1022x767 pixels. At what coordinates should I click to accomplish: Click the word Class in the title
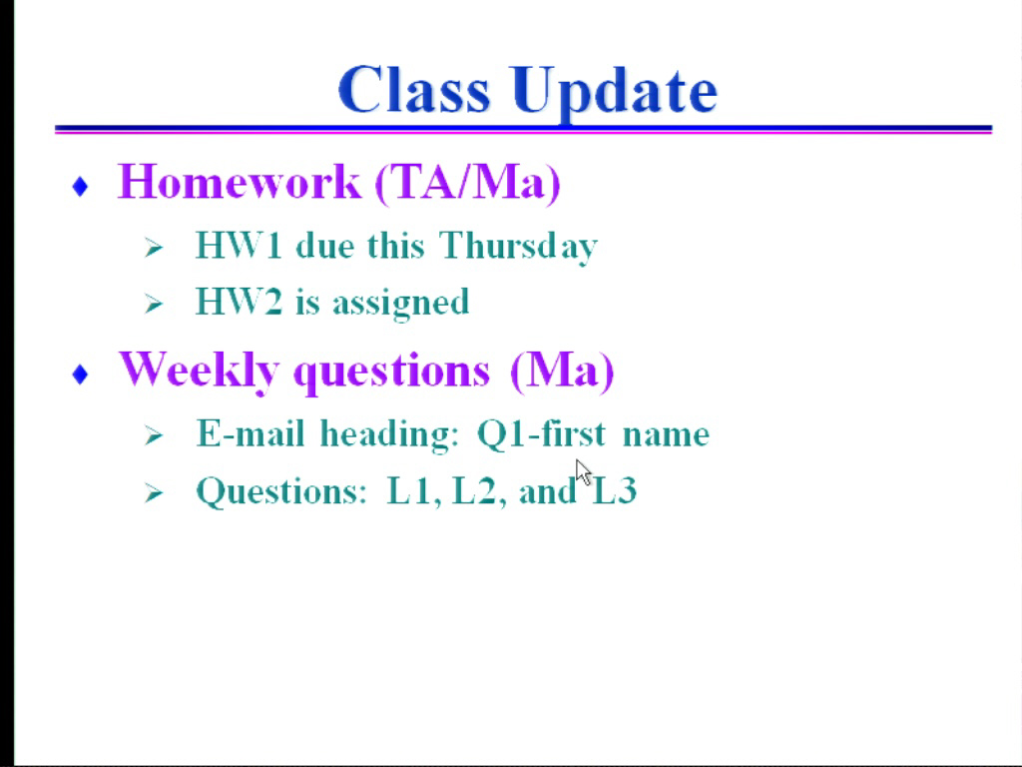click(x=414, y=89)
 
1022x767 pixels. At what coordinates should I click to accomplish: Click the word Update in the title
click(x=614, y=93)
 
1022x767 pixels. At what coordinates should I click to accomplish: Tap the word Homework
click(x=239, y=181)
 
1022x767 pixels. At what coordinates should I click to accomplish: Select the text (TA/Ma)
click(x=467, y=183)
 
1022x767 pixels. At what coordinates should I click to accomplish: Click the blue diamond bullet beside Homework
click(x=80, y=187)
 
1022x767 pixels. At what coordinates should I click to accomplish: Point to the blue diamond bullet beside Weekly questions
click(x=80, y=375)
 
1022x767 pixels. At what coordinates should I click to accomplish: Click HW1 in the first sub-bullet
click(x=239, y=246)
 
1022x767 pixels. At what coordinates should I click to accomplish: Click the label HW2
click(x=239, y=302)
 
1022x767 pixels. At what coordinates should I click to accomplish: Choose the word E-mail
click(x=251, y=433)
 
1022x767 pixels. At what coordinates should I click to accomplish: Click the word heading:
click(x=390, y=434)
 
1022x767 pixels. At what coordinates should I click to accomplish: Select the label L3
click(x=614, y=490)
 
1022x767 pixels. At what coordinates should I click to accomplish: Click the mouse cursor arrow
click(x=583, y=471)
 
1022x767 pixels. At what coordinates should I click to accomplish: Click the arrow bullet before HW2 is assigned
click(x=153, y=304)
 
